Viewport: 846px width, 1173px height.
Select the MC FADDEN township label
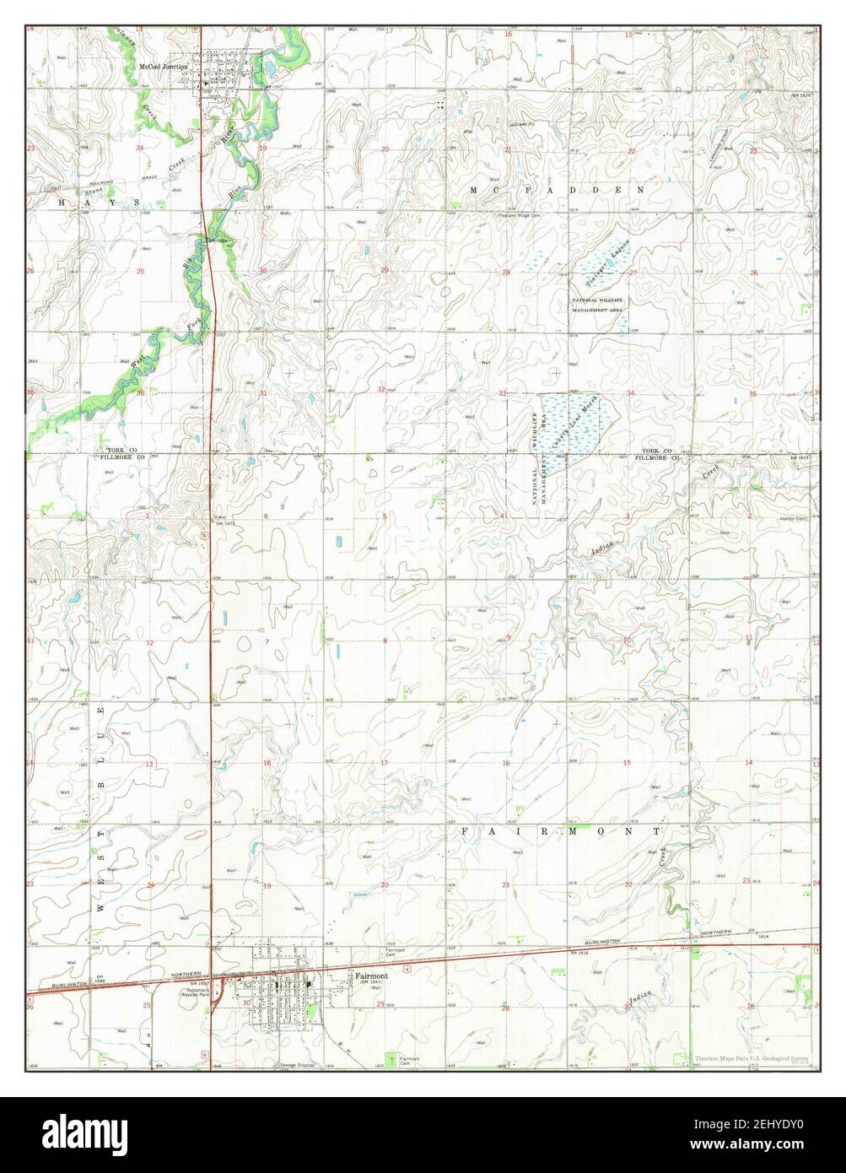(x=558, y=191)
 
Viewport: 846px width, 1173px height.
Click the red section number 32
(x=382, y=390)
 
